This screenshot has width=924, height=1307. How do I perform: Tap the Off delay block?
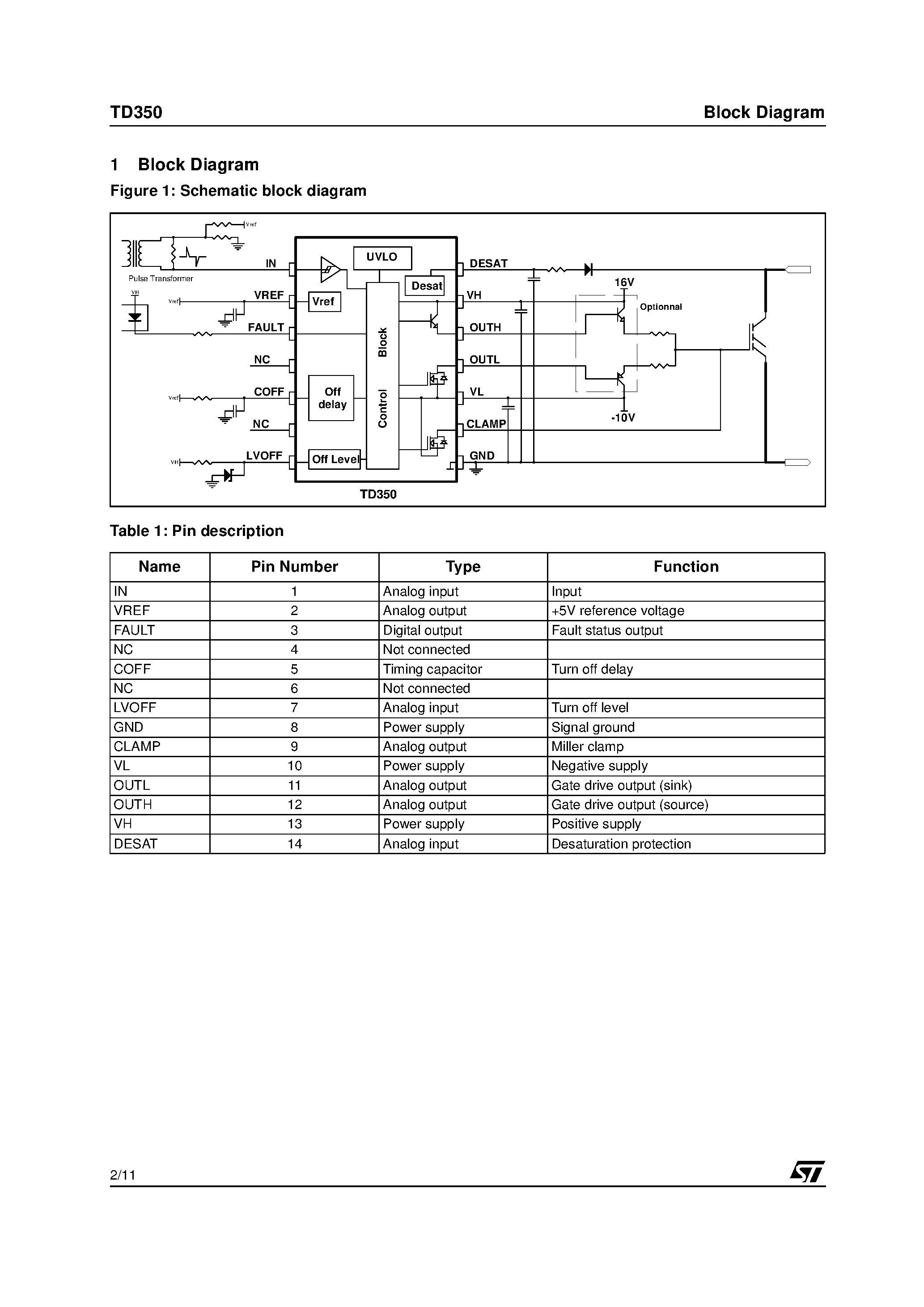(x=331, y=398)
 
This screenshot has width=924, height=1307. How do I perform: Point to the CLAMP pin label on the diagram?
(x=486, y=424)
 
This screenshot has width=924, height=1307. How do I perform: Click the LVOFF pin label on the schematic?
(x=264, y=455)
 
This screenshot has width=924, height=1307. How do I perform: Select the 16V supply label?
(x=624, y=282)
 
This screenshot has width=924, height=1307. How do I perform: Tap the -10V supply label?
(x=623, y=418)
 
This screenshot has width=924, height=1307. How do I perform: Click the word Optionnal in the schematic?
(x=660, y=307)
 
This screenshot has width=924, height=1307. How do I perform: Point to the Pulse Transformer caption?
(x=161, y=278)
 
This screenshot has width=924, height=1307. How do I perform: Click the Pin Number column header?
(x=295, y=566)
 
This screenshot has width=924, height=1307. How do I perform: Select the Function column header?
(x=686, y=566)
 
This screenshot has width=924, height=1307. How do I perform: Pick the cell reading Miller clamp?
(x=587, y=746)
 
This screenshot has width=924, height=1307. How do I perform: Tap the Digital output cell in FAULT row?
(x=422, y=630)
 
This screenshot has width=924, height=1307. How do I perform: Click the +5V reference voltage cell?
(x=618, y=611)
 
